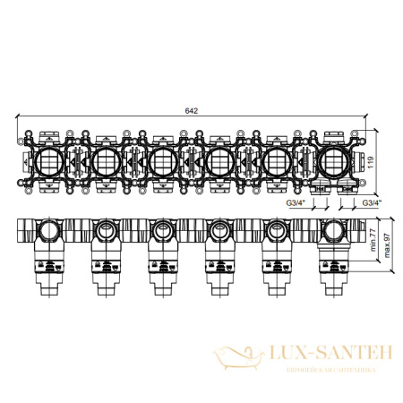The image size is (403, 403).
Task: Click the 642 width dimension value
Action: [191, 110]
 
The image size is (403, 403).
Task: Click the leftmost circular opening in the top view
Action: [47, 161]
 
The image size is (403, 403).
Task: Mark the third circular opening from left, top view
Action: [162, 161]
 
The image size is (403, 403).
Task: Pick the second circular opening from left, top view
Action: [105, 161]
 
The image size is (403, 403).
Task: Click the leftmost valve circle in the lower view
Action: [47, 236]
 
